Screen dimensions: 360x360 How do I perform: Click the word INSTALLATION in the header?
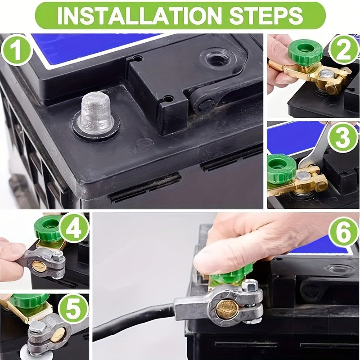click(x=139, y=16)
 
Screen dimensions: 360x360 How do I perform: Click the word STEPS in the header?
click(x=266, y=16)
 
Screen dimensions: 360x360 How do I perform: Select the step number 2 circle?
click(x=343, y=49)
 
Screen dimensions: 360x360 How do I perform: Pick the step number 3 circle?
click(x=342, y=137)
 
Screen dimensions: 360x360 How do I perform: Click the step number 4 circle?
click(x=74, y=229)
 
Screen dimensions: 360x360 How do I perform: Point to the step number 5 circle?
click(x=73, y=308)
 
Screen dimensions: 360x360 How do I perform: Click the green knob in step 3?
click(x=282, y=168)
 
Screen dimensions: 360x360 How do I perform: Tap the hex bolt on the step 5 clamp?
click(x=37, y=327)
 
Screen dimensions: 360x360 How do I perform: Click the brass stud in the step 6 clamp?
click(x=227, y=309)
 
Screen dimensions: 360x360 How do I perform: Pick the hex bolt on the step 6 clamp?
click(x=251, y=285)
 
